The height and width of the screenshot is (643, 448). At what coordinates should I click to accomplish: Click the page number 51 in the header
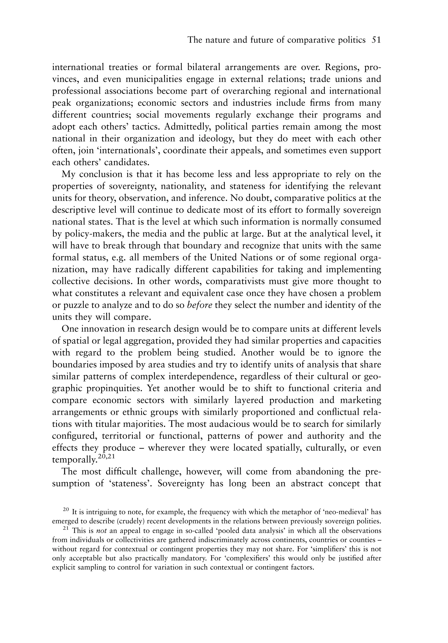376,40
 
